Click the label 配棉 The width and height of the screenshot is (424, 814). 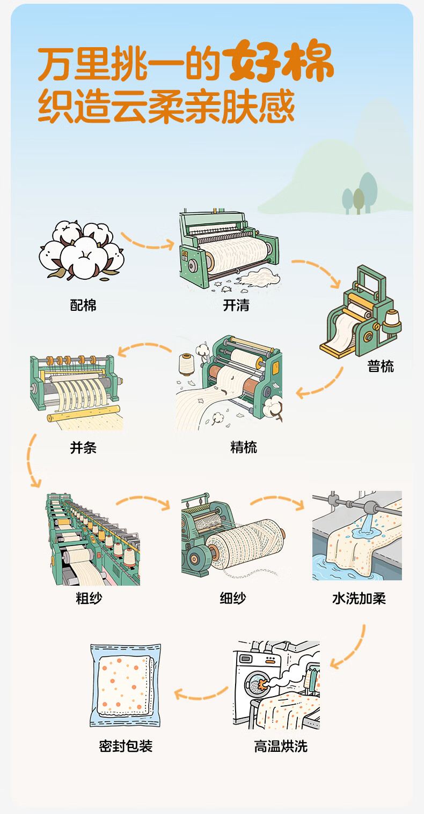tap(83, 305)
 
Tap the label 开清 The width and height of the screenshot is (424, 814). tap(236, 305)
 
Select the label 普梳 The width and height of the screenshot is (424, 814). tap(381, 366)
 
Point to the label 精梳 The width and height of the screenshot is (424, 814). tap(244, 447)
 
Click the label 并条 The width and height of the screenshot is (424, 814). tap(83, 447)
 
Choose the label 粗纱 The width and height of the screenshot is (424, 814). tap(89, 598)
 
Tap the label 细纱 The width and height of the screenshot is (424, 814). tap(233, 598)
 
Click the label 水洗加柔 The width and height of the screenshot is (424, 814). tap(359, 598)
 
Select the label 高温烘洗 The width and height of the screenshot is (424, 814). tap(281, 746)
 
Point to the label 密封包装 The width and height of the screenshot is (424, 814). tap(126, 746)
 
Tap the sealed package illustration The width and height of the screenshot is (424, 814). tap(126, 685)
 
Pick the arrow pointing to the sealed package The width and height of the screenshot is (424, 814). tap(201, 695)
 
